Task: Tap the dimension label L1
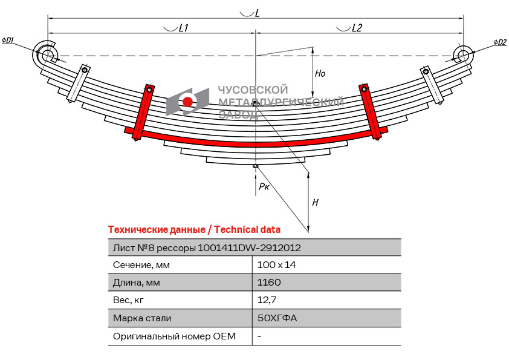coord(184,28)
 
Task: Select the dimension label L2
coord(357,28)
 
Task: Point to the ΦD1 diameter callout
coord(8,41)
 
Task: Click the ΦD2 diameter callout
coord(499,42)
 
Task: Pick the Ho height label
coord(320,74)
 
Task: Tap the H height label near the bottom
coord(315,203)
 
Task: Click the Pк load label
coord(264,187)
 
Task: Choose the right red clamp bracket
coord(371,111)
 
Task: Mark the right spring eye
coord(463,56)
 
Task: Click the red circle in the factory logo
coord(188,102)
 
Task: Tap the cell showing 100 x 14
coord(276,264)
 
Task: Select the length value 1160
coord(269,282)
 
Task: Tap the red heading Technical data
coord(247,230)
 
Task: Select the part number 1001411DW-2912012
coord(250,247)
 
